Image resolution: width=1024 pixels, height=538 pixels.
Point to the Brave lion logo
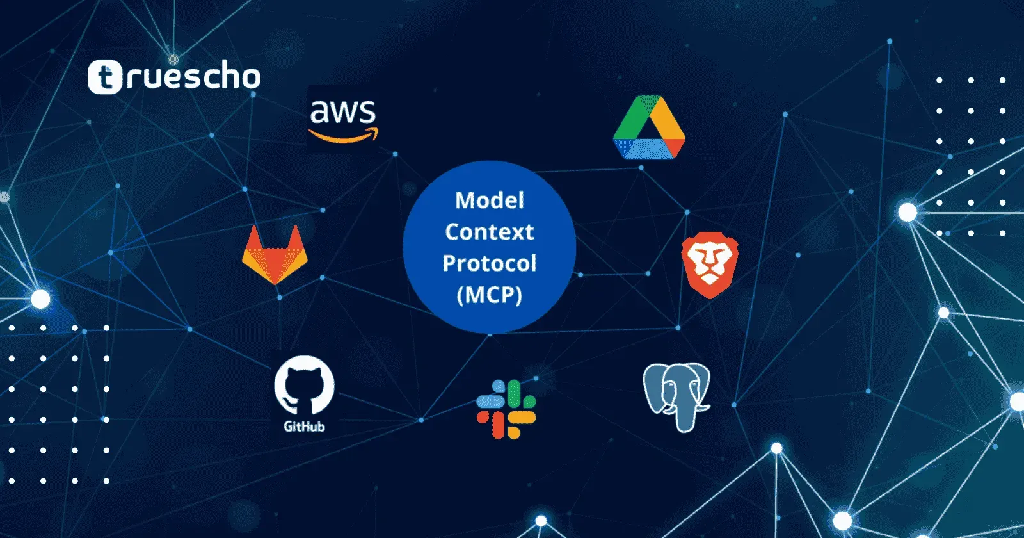pos(710,265)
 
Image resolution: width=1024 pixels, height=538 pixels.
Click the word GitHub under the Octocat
pos(304,427)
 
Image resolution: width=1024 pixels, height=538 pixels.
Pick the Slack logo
pos(506,409)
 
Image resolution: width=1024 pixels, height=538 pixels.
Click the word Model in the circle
pos(490,200)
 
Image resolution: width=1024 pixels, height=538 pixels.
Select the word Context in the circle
pos(490,232)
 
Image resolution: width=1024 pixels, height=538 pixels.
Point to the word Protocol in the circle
pos(490,263)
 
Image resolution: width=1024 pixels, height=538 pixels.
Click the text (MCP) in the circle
pos(490,295)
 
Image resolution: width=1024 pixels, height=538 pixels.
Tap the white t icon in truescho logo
pos(104,77)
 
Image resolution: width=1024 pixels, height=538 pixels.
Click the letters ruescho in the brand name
pos(192,77)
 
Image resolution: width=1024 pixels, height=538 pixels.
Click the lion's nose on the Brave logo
pos(709,275)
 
